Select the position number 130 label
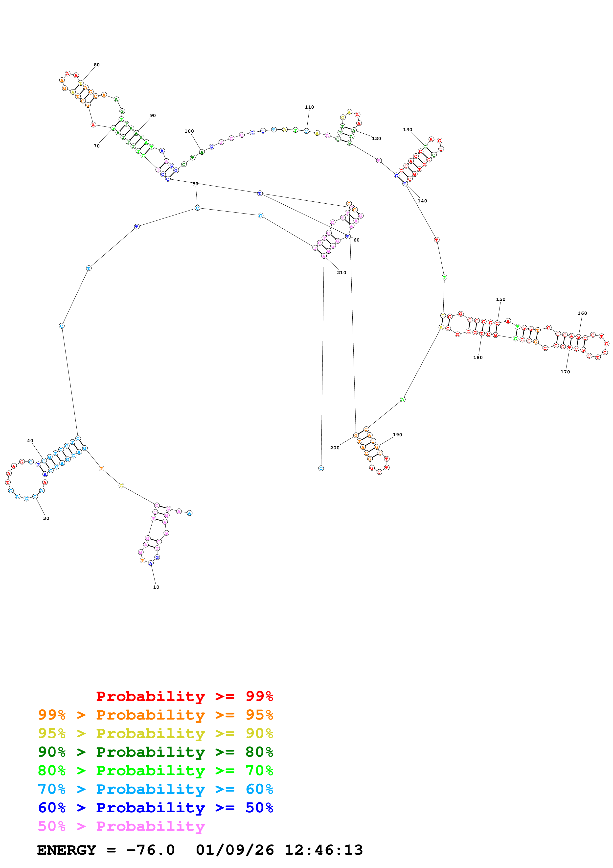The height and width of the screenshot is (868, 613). coord(408,130)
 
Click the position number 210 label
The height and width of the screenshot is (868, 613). coord(341,273)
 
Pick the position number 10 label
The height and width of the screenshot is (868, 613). coord(156,587)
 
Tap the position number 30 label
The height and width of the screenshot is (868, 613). coord(46,518)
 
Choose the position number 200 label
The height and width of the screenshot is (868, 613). coord(335,448)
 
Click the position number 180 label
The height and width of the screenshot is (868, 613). coord(478,358)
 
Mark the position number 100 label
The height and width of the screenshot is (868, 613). coord(189,131)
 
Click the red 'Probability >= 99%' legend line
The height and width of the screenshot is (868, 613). coord(184,696)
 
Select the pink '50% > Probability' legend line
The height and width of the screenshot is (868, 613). coord(121,826)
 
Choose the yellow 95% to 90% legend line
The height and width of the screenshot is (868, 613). coord(156,733)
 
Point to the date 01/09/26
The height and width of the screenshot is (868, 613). coord(235,850)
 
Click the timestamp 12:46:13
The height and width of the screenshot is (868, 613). coord(324,850)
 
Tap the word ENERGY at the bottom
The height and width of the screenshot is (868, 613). coord(67,850)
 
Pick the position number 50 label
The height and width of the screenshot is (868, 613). coord(195,184)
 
